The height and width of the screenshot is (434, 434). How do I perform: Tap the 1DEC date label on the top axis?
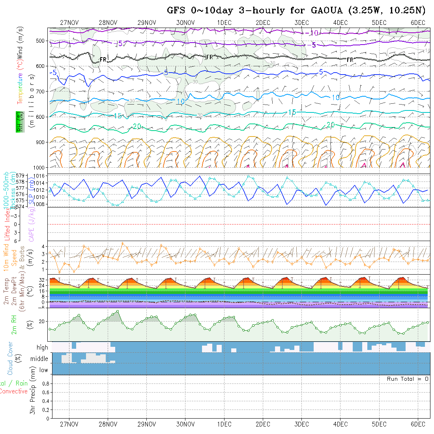click(x=224, y=22)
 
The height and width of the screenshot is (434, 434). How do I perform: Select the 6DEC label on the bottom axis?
click(x=418, y=425)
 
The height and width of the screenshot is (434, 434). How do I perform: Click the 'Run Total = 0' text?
click(x=408, y=379)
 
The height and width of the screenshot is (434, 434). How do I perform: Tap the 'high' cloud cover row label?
click(x=42, y=348)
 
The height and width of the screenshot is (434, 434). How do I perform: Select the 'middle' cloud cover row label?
click(x=39, y=359)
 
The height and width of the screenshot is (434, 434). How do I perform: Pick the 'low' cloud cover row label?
click(x=43, y=370)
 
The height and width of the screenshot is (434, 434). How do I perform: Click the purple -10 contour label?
click(x=314, y=33)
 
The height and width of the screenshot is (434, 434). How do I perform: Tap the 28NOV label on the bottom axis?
click(x=108, y=425)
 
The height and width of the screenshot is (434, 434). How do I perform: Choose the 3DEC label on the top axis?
click(x=301, y=22)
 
